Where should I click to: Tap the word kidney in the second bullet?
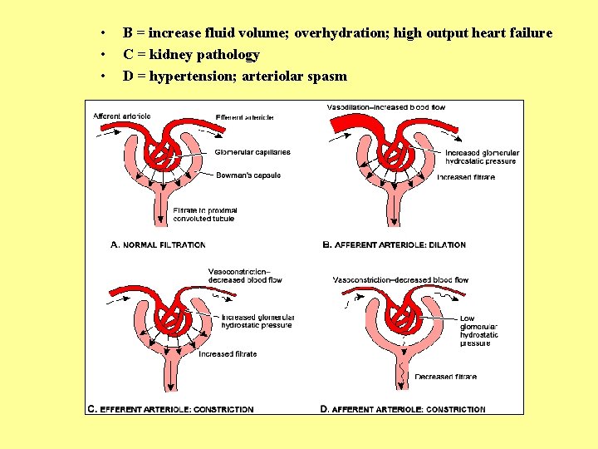point(171,55)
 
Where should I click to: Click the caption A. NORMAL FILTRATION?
point(158,244)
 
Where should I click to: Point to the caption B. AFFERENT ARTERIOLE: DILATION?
point(394,244)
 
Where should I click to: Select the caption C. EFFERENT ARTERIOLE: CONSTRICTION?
point(170,409)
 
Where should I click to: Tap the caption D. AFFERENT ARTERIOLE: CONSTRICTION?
point(403,409)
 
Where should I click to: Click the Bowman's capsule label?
point(248,175)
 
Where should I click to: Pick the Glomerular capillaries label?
point(252,152)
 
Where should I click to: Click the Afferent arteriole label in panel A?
point(121,116)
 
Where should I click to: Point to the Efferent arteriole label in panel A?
point(244,116)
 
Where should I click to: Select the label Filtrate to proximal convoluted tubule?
point(205,215)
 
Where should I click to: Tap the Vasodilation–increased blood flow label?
point(386,107)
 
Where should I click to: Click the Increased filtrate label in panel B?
point(465,177)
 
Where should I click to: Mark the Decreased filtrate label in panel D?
point(446,377)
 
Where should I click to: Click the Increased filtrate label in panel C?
point(228,354)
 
